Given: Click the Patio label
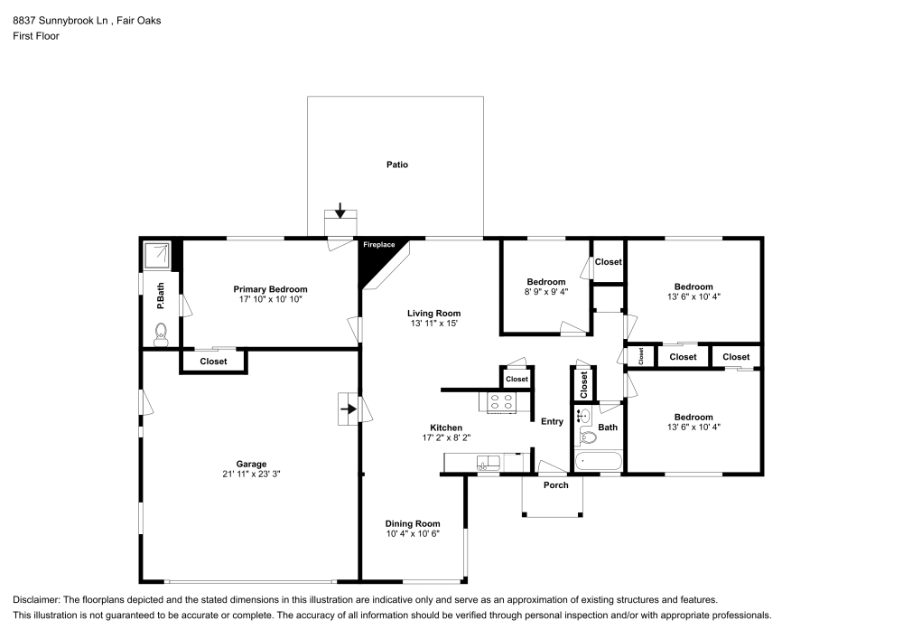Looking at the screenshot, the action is [396, 164].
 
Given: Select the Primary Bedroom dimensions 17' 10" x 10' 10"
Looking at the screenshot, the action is [270, 300].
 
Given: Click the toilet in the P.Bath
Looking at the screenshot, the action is [162, 334].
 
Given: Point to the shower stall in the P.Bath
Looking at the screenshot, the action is [156, 255].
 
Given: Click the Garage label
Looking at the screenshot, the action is [251, 464].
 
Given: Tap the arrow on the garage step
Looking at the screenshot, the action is [349, 409].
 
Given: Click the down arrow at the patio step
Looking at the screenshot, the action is [340, 211].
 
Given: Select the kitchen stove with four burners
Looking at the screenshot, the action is [501, 401].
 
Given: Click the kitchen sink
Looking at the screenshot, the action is [488, 462].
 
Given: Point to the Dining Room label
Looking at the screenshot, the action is [413, 523].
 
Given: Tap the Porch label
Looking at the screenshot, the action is [555, 485].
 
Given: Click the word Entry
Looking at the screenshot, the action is [552, 422].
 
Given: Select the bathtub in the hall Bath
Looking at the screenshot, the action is [599, 462].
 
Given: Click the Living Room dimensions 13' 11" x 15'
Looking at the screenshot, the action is [433, 324].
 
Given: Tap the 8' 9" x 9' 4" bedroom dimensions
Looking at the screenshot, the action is [546, 292].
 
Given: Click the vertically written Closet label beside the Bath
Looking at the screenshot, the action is [584, 384].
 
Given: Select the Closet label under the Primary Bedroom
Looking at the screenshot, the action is [213, 362].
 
